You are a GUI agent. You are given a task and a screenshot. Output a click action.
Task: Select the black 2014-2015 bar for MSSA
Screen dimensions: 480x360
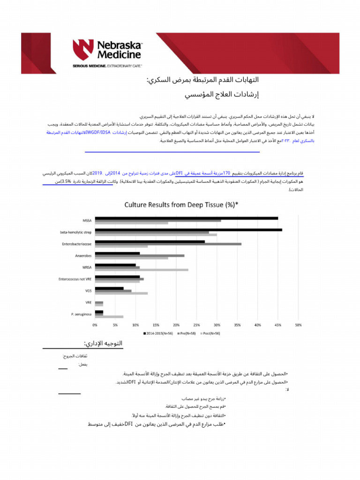pyautogui.click(x=186, y=218)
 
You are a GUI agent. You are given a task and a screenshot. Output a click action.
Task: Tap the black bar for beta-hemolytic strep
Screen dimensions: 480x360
pyautogui.click(x=188, y=230)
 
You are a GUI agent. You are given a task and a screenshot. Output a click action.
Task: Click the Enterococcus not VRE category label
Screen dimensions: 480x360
pyautogui.click(x=75, y=279)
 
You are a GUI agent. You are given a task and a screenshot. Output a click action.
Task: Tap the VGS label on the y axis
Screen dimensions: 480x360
pyautogui.click(x=88, y=291)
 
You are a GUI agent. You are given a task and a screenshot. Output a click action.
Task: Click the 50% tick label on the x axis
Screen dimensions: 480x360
pyautogui.click(x=298, y=324)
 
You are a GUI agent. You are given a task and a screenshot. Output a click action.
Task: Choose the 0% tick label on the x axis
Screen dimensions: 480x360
pyautogui.click(x=95, y=324)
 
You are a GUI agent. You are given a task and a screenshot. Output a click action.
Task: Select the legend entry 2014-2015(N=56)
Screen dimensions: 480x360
pyautogui.click(x=159, y=333)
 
